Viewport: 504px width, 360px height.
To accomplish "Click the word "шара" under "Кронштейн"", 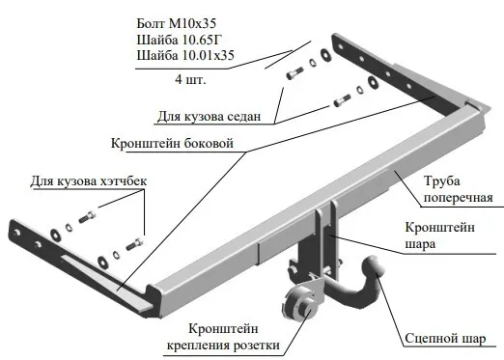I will [x=421, y=244].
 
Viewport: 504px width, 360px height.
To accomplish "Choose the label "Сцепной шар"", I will [x=448, y=340].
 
